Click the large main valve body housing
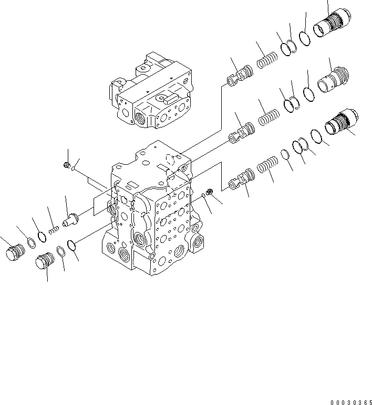(x=152, y=215)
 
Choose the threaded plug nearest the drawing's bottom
(x=44, y=261)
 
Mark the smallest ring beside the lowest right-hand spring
(x=284, y=154)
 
